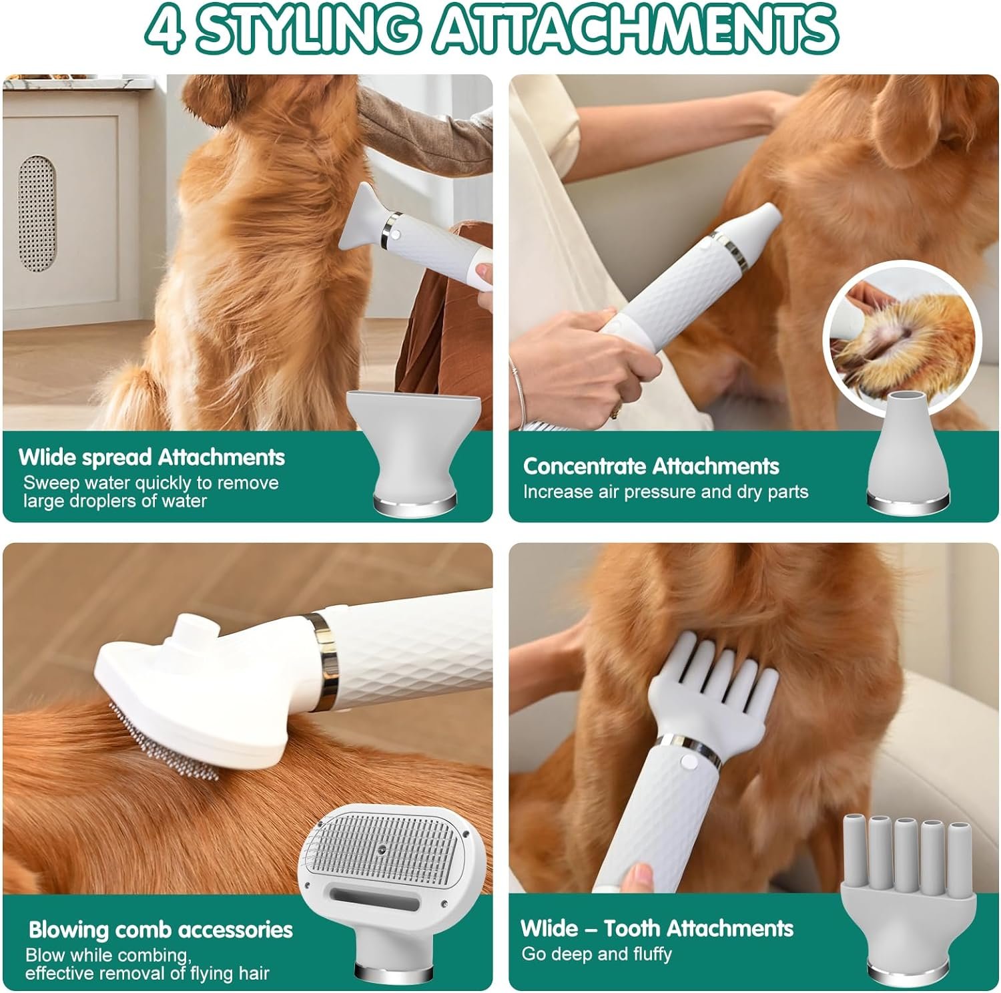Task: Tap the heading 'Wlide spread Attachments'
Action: coord(151,457)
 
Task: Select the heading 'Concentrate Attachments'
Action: coord(651,466)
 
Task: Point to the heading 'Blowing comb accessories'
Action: coord(160,930)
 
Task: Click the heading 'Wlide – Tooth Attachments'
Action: coord(657,928)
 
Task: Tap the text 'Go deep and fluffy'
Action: coord(597,954)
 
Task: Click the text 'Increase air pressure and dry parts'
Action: coord(665,492)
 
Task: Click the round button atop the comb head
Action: coord(195,628)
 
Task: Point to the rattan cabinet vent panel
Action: coord(37,214)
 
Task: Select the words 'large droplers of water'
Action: coord(115,501)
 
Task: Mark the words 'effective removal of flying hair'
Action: coord(147,973)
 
